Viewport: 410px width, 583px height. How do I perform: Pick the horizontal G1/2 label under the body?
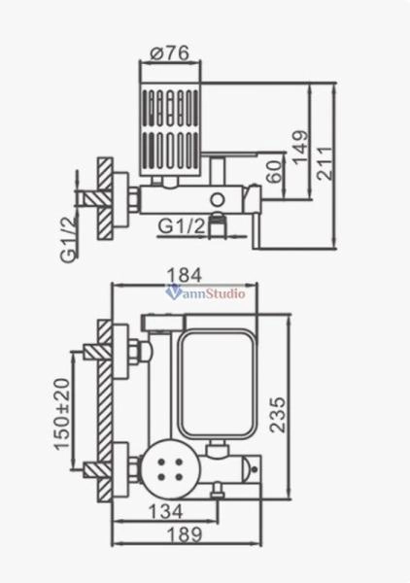[x=181, y=224]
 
